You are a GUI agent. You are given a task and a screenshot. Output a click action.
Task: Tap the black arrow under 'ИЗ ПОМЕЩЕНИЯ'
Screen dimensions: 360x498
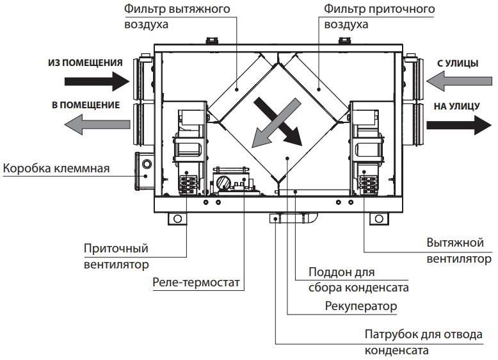(x=96, y=81)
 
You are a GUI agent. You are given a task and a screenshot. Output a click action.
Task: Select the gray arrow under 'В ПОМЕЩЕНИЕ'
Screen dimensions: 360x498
(x=96, y=124)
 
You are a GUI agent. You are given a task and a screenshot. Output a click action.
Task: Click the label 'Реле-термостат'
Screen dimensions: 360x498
(x=190, y=282)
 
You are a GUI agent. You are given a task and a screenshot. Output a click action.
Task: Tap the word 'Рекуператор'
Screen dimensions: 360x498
(x=361, y=306)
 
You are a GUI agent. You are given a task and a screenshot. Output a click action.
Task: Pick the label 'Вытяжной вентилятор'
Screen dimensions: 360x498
(x=458, y=250)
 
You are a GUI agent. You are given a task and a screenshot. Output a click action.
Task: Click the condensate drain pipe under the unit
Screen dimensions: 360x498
(x=295, y=218)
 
